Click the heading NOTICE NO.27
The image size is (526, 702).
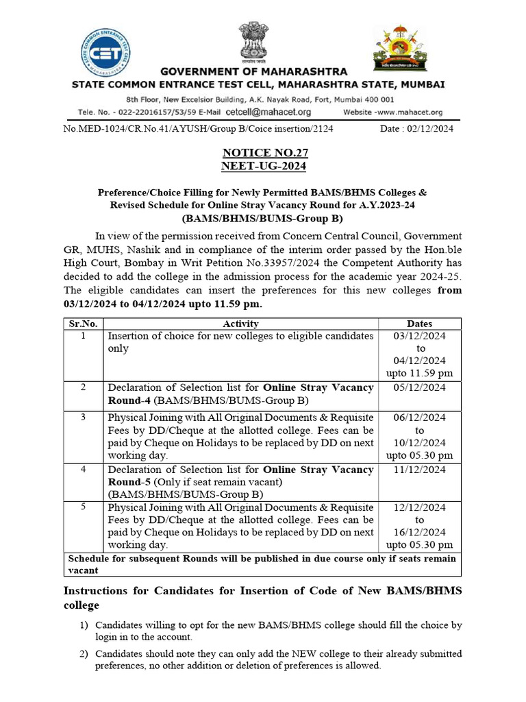click(x=264, y=153)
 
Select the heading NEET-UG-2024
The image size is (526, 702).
click(x=264, y=167)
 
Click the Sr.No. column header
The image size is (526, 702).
click(x=83, y=324)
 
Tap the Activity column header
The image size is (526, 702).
click(x=240, y=324)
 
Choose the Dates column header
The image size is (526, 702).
click(x=419, y=324)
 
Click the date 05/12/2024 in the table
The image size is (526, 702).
click(x=419, y=387)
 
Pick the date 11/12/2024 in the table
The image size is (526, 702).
click(x=419, y=470)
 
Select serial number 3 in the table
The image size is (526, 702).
click(x=83, y=417)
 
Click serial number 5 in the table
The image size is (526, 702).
click(x=83, y=507)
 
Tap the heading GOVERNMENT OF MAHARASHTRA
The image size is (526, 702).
click(x=253, y=72)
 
